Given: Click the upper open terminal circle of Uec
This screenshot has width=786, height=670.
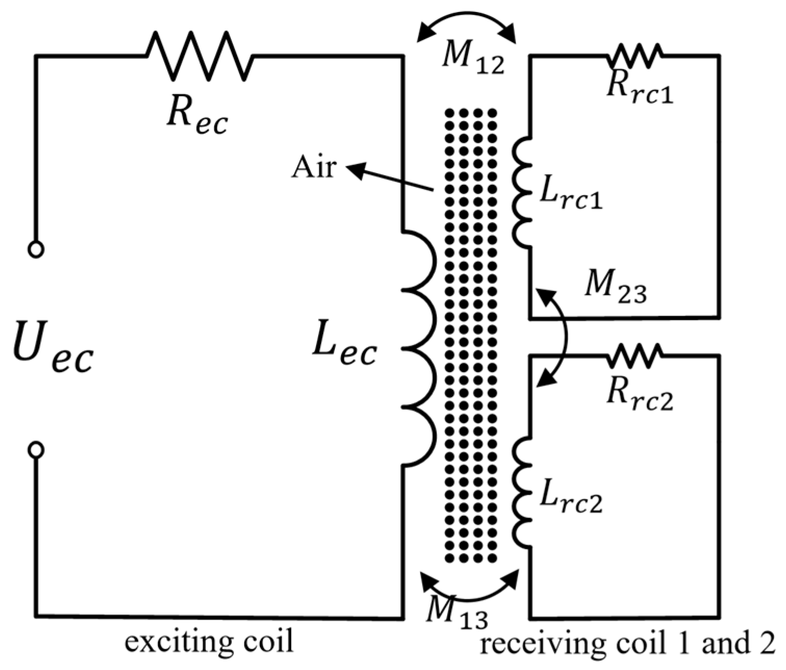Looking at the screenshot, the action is pyautogui.click(x=36, y=250).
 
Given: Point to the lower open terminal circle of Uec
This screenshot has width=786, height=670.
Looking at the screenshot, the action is pyautogui.click(x=36, y=450).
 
